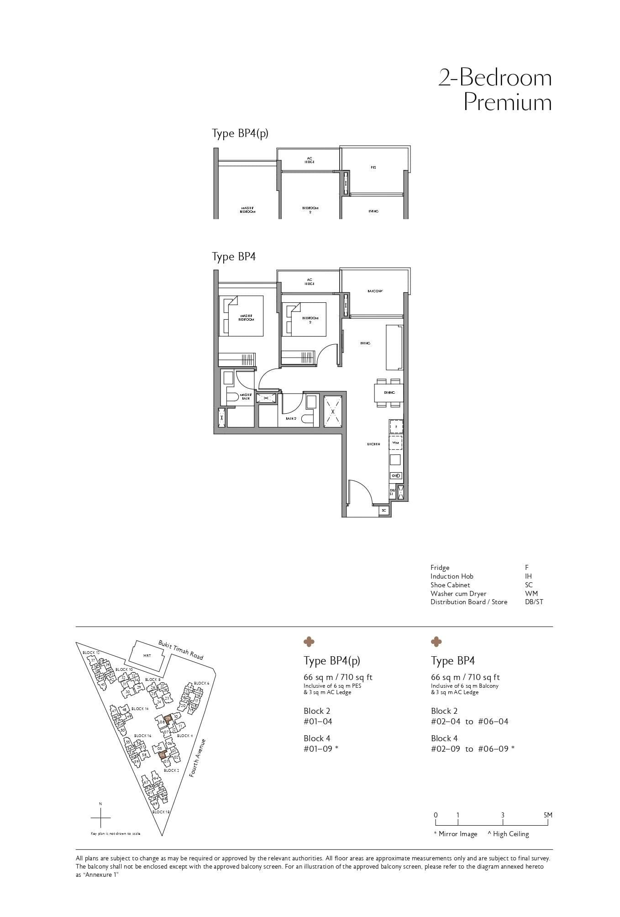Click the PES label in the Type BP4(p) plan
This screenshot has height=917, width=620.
pos(373,168)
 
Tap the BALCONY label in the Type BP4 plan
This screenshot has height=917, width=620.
pos(375,291)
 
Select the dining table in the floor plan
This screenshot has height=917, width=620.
pos(389,392)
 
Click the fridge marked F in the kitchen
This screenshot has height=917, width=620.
pos(396,426)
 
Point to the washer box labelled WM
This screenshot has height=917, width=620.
pos(395,443)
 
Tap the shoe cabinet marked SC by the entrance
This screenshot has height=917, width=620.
pos(384,510)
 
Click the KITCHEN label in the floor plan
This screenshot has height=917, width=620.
pos(373,444)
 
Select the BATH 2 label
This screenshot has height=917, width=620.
pos(291,418)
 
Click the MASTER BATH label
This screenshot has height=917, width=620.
pos(246,396)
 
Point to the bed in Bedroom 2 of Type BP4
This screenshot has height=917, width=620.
pos(304,319)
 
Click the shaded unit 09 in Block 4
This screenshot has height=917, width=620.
pos(168,719)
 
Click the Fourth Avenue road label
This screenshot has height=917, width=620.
pos(198,758)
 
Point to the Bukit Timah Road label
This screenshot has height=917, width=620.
pos(181,649)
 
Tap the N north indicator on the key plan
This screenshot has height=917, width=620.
pos(100,804)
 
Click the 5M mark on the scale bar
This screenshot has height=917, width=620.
pos(548,815)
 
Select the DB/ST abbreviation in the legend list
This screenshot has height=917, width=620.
pos(534,602)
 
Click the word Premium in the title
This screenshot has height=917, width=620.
pos(508,102)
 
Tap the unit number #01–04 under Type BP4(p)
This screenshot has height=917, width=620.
pos(318,722)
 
